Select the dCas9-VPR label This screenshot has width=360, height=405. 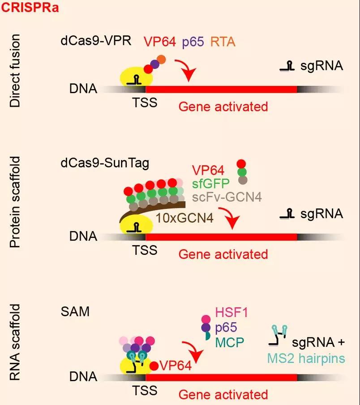pyautogui.click(x=96, y=40)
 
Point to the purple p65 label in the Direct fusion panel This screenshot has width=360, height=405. pyautogui.click(x=193, y=43)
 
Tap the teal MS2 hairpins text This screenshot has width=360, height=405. pyautogui.click(x=306, y=358)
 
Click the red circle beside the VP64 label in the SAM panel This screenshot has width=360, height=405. pyautogui.click(x=154, y=366)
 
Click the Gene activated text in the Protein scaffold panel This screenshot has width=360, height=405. pyautogui.click(x=223, y=254)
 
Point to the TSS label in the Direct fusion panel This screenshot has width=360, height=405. pyautogui.click(x=145, y=103)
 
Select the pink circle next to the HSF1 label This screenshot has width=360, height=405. pyautogui.click(x=206, y=319)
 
